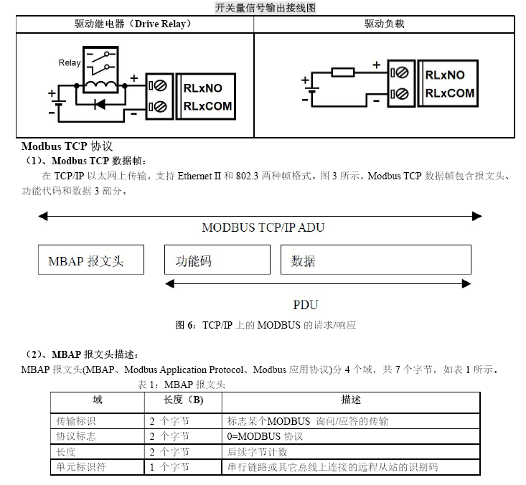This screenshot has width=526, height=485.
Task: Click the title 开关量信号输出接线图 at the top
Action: [x=265, y=8]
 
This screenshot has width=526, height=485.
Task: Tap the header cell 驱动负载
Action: [x=385, y=24]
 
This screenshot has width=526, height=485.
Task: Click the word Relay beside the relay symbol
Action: [x=70, y=62]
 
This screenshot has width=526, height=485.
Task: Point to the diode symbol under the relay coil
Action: [x=100, y=104]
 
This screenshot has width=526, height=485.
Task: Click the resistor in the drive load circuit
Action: [x=343, y=72]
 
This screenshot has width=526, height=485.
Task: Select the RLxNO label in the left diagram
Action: [x=202, y=88]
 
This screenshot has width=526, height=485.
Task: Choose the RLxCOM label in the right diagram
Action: [x=450, y=93]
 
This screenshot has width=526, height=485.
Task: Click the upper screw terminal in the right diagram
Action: [x=400, y=72]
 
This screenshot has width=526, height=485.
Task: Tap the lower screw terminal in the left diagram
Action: [x=158, y=107]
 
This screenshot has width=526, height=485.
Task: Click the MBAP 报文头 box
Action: [x=91, y=260]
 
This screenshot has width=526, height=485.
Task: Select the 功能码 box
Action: [x=217, y=260]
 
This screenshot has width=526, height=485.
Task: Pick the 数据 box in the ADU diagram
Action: [x=376, y=260]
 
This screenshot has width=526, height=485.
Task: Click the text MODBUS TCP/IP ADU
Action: [x=263, y=227]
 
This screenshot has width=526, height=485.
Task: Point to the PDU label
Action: [x=305, y=304]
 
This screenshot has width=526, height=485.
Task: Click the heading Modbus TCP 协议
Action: [x=67, y=146]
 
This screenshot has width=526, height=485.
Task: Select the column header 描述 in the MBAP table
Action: [x=351, y=400]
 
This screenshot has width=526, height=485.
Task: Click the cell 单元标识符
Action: [x=81, y=466]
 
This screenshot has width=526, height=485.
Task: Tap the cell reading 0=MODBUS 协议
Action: [x=265, y=436]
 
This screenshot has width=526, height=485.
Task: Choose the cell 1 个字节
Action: [x=169, y=466]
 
